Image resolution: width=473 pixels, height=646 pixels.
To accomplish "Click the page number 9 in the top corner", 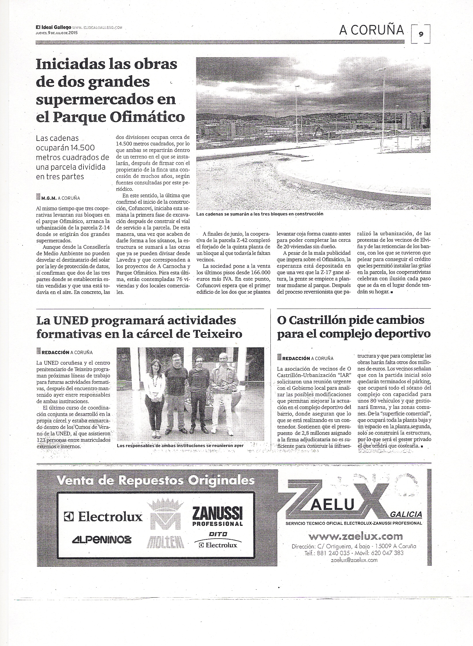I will (x=421, y=34).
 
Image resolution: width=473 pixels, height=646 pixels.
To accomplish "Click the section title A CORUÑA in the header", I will (x=372, y=30).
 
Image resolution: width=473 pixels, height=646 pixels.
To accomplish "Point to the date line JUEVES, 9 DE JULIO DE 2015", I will (x=57, y=33).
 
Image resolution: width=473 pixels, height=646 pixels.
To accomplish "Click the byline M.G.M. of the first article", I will (x=49, y=198).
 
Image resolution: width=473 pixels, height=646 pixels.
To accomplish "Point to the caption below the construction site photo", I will (x=260, y=214).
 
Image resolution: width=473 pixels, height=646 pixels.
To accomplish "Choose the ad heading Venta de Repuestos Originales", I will (x=156, y=481).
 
